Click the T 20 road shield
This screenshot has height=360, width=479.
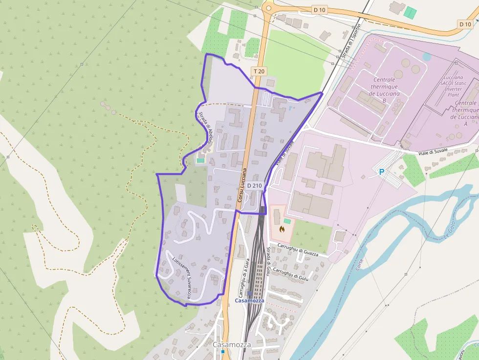259,71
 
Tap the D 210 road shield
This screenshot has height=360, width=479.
255,186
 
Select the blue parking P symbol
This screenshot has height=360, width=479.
382,171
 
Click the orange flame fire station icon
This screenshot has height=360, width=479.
282,228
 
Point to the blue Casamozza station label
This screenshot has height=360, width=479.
249,300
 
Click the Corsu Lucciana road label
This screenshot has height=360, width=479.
242,186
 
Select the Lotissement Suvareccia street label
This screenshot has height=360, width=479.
181,278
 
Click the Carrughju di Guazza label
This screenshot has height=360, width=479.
297,250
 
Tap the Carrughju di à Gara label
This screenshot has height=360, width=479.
244,278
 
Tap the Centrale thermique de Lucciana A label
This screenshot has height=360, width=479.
465,113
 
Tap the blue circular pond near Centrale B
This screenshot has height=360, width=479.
427,57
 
